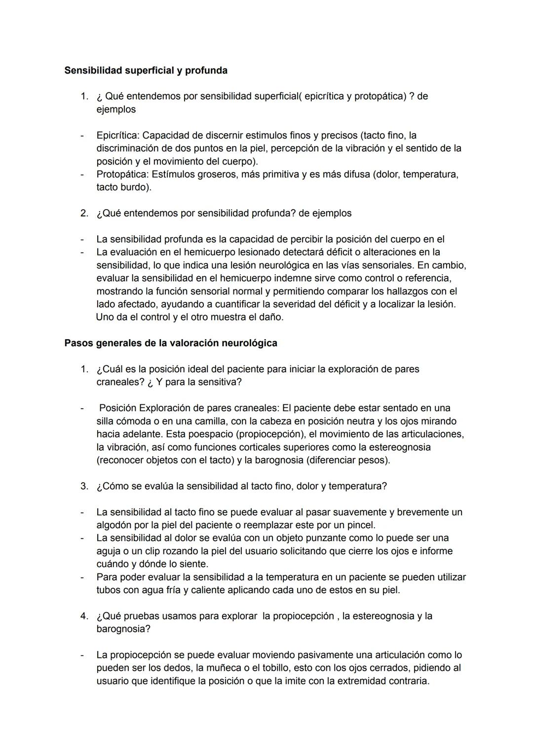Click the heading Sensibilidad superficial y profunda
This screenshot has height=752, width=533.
point(146,71)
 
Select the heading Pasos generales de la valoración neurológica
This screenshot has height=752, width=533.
point(170,343)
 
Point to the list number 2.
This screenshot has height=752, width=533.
point(84,214)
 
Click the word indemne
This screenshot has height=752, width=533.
point(270,278)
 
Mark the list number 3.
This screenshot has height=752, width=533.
point(84,486)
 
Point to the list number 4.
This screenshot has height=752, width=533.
point(84,616)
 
